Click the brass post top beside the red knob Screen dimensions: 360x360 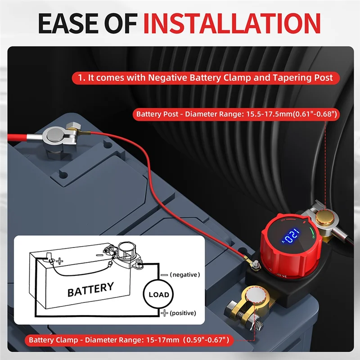[323, 218]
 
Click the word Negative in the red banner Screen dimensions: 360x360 [168, 77]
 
